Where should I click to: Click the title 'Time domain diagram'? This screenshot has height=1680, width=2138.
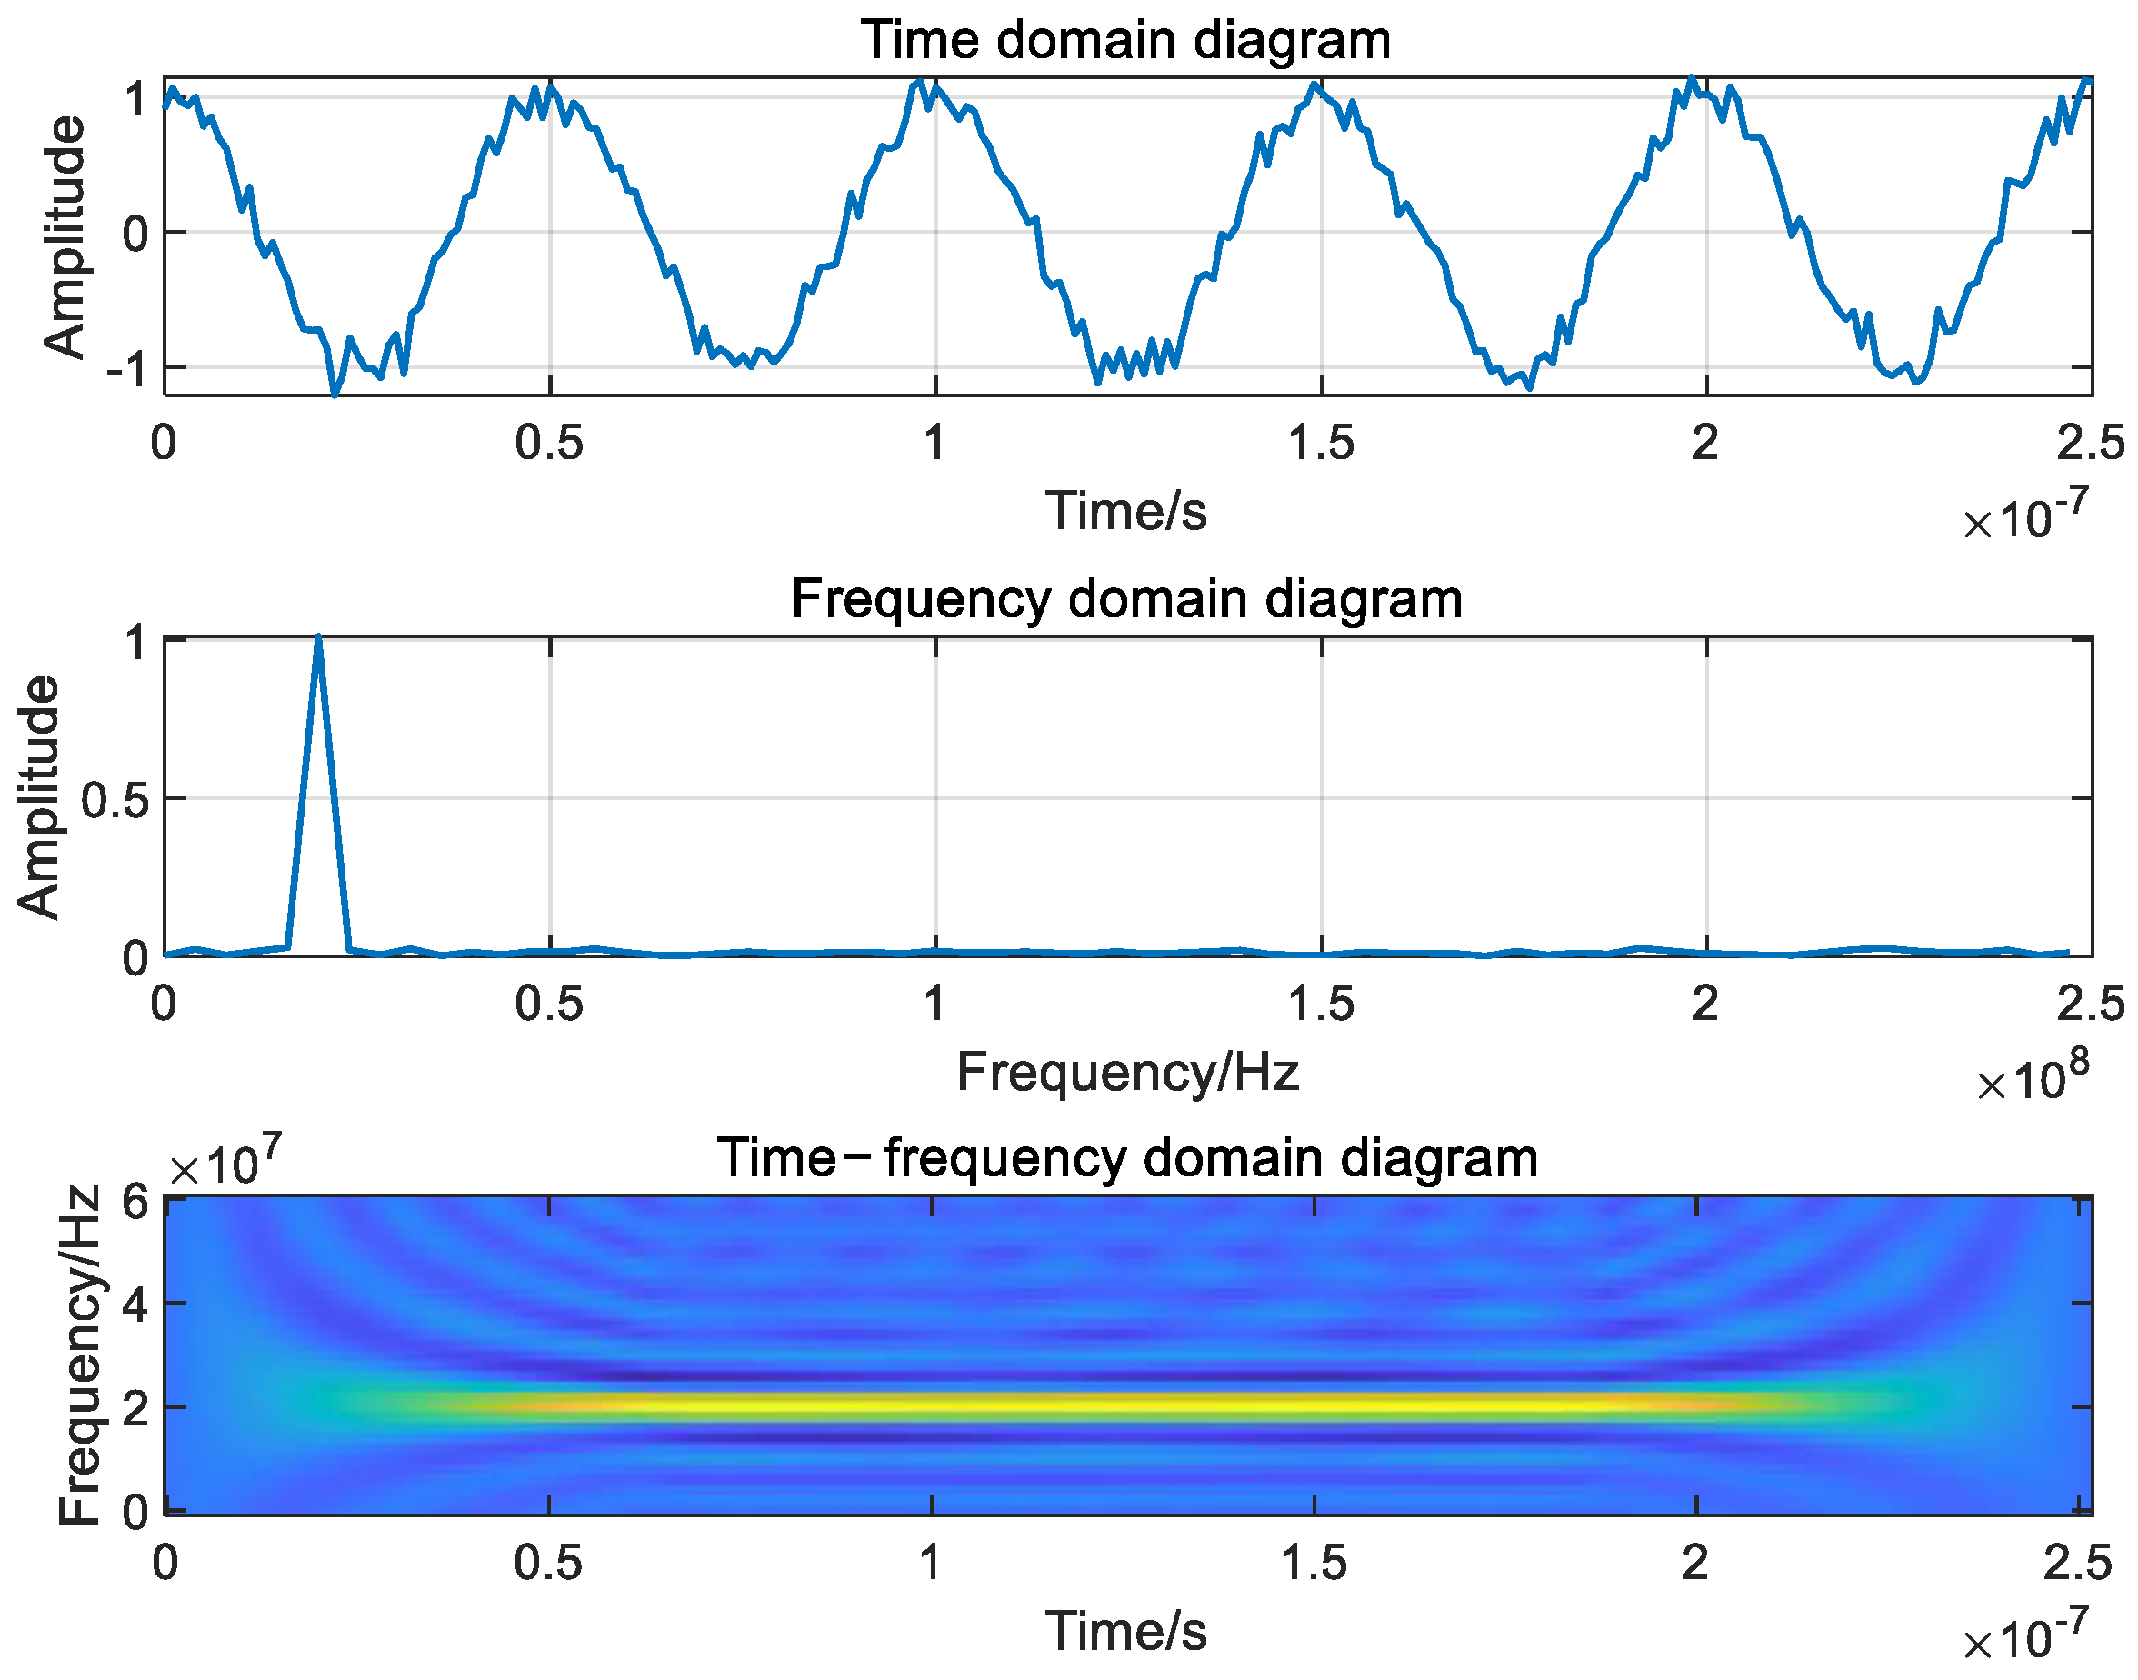pyautogui.click(x=1125, y=41)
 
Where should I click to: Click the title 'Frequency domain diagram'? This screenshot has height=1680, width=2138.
pyautogui.click(x=1126, y=599)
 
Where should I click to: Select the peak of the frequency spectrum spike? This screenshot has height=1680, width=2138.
pyautogui.click(x=317, y=638)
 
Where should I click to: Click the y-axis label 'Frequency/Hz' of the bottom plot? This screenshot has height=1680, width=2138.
pyautogui.click(x=79, y=1356)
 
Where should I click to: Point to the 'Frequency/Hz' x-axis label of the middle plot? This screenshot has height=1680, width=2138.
pyautogui.click(x=1127, y=1072)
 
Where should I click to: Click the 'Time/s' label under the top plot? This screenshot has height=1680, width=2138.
pyautogui.click(x=1126, y=512)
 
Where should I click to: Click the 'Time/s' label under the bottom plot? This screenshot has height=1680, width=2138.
pyautogui.click(x=1126, y=1632)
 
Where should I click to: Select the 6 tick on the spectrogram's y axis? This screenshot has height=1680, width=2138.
pyautogui.click(x=135, y=1203)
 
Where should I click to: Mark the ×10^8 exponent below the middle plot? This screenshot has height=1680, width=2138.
pyautogui.click(x=2032, y=1078)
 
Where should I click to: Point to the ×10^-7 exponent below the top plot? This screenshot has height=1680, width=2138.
pyautogui.click(x=2025, y=517)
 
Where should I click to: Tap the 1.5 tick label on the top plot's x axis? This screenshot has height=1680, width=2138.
pyautogui.click(x=1321, y=445)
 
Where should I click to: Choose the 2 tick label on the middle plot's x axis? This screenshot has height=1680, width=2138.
pyautogui.click(x=1705, y=1005)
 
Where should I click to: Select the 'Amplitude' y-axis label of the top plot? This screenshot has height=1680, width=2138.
pyautogui.click(x=65, y=236)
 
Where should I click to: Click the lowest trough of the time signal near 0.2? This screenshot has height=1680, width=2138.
pyautogui.click(x=335, y=395)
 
